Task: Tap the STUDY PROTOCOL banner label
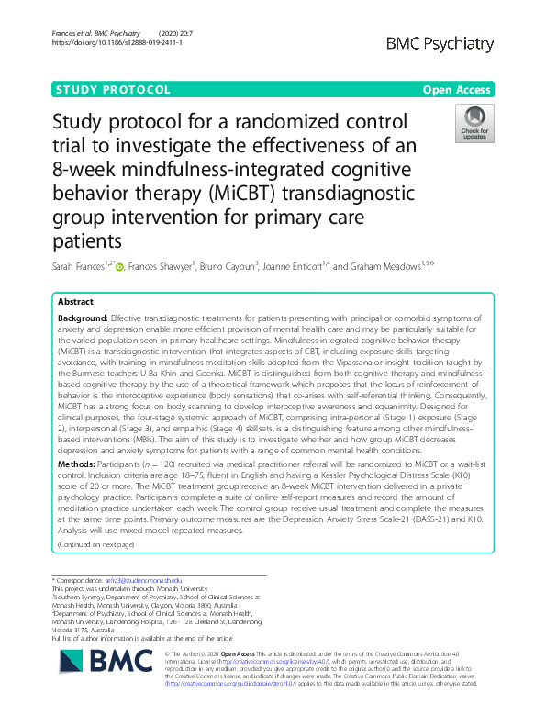pos(113,90)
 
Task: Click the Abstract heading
pos(75,301)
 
